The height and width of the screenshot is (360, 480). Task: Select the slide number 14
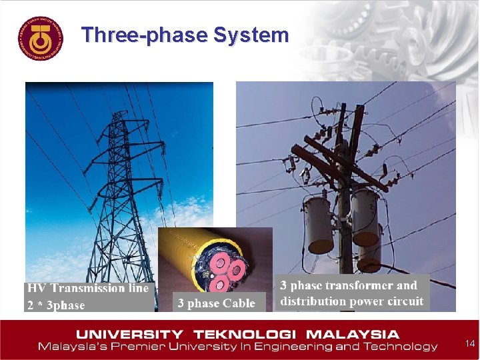470,343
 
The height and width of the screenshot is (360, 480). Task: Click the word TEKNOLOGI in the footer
255,334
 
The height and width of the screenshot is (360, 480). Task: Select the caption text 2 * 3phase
57,305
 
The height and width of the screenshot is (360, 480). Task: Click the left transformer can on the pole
319,223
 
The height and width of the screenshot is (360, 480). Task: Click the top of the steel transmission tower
119,117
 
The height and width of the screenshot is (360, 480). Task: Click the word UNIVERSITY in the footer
129,334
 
